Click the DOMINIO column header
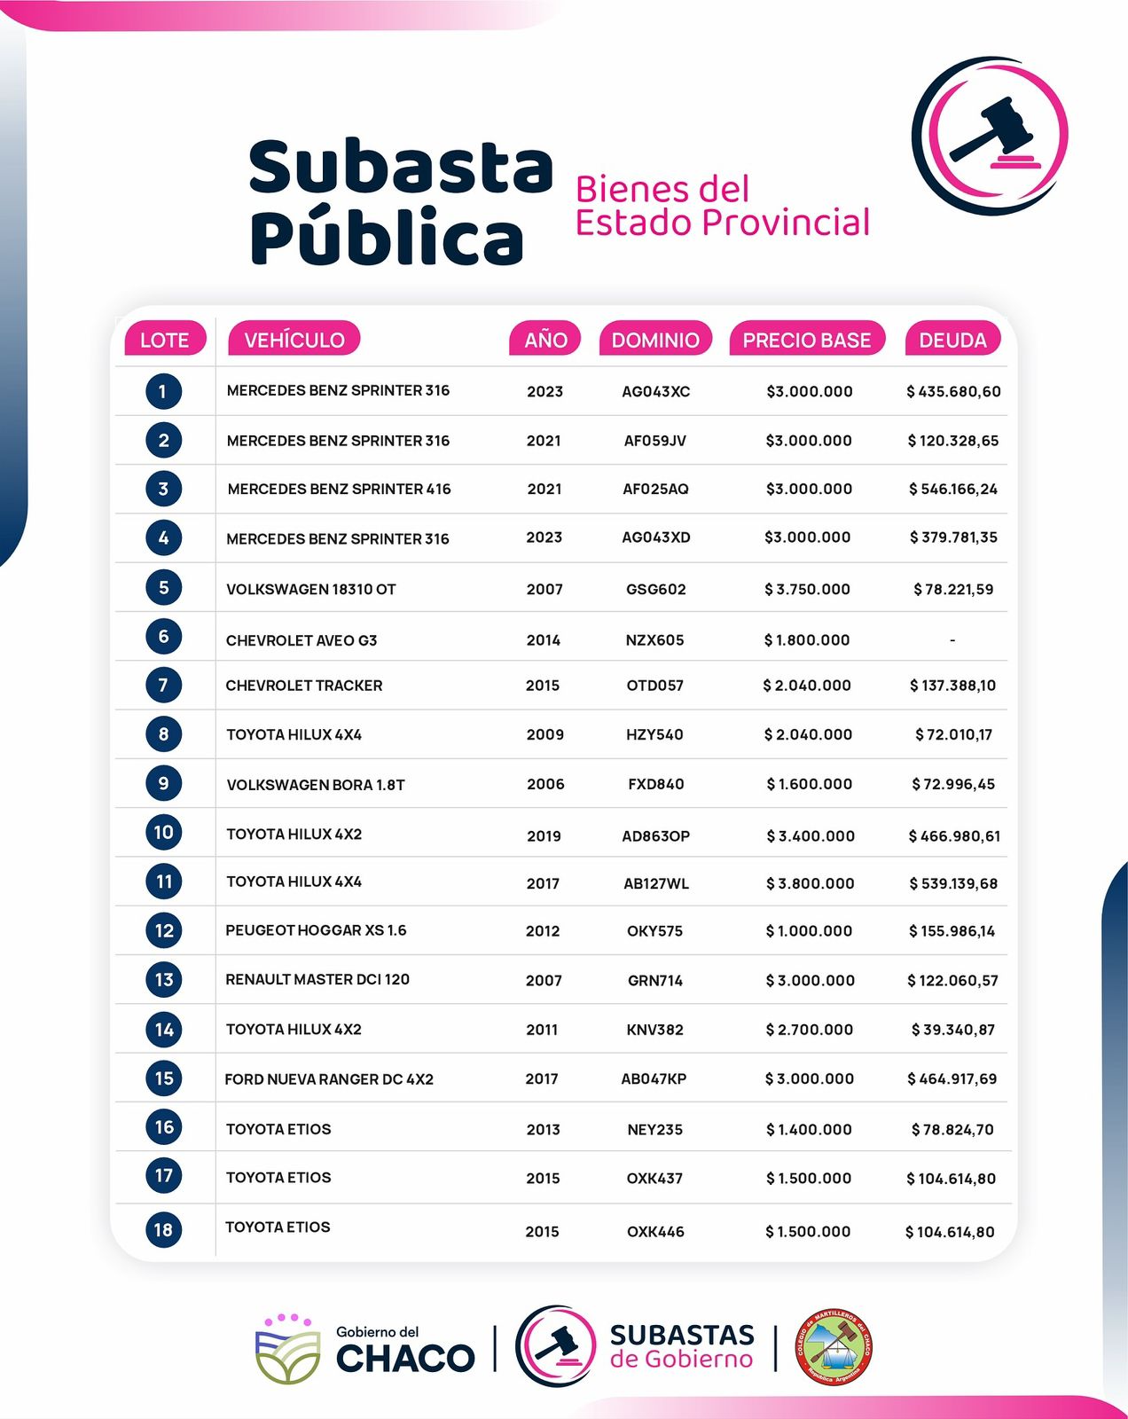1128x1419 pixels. click(x=655, y=340)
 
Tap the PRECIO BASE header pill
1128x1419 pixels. click(x=806, y=340)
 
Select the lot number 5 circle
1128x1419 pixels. click(x=163, y=587)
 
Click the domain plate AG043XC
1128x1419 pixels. click(x=655, y=391)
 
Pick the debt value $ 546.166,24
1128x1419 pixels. click(x=952, y=489)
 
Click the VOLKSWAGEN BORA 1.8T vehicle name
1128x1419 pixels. click(x=315, y=785)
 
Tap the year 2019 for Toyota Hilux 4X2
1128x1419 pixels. click(x=544, y=835)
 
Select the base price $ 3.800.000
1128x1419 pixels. click(x=809, y=883)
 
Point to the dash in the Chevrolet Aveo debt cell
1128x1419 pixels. click(x=952, y=639)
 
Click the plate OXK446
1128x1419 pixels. click(x=655, y=1232)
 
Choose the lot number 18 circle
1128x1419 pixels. click(x=163, y=1229)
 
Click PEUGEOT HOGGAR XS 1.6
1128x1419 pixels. click(x=316, y=930)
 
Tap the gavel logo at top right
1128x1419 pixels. click(x=990, y=135)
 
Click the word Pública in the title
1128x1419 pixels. click(x=387, y=238)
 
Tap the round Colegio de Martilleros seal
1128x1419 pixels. click(x=832, y=1347)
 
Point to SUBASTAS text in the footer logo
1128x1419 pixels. click(x=682, y=1335)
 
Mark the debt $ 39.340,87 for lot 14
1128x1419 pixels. click(x=952, y=1030)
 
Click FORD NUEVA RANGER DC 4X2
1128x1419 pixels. click(x=329, y=1079)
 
